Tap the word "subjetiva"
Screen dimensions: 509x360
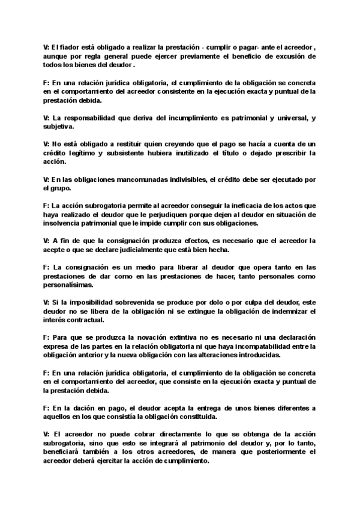pyautogui.click(x=59, y=127)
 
